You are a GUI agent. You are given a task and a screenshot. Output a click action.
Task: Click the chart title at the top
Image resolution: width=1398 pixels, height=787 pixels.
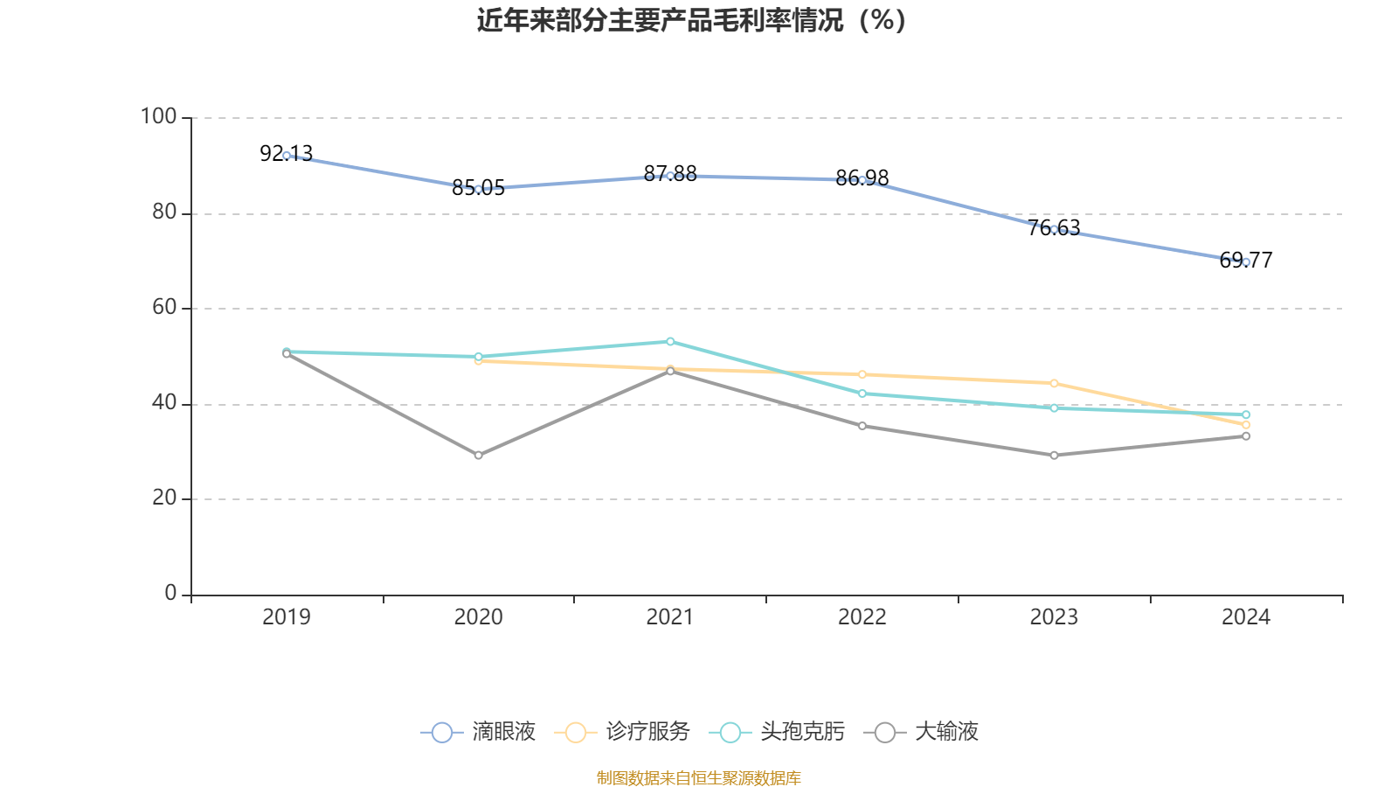pyautogui.click(x=691, y=20)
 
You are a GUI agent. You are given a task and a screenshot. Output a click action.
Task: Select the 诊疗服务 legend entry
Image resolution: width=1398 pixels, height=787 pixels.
pyautogui.click(x=622, y=732)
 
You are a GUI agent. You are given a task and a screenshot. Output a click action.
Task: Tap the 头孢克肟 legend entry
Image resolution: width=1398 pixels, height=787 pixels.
pyautogui.click(x=777, y=732)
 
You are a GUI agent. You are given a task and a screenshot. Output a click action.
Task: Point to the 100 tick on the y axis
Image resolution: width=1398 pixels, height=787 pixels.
pyautogui.click(x=159, y=116)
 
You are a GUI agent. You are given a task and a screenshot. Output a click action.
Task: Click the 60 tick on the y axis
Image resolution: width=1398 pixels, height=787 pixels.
pyautogui.click(x=164, y=308)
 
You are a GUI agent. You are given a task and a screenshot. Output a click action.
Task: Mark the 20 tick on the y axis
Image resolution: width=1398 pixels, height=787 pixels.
pyautogui.click(x=164, y=498)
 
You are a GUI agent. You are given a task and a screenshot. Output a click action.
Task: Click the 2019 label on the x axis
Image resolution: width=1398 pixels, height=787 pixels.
pyautogui.click(x=287, y=617)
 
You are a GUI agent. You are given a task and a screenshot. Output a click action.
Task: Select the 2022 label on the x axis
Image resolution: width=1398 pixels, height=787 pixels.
pyautogui.click(x=862, y=617)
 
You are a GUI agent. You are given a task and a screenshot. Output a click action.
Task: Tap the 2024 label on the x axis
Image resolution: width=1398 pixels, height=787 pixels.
pyautogui.click(x=1246, y=617)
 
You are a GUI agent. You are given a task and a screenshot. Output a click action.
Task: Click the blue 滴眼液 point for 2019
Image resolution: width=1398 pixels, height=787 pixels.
pyautogui.click(x=287, y=156)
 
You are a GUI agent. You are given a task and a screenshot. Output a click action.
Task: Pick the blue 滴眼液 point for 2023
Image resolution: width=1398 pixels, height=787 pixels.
pyautogui.click(x=1054, y=229)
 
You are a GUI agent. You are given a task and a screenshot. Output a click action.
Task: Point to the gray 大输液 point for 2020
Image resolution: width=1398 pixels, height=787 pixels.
pyautogui.click(x=478, y=456)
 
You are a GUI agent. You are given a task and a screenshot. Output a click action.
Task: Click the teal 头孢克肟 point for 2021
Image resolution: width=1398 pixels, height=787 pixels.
pyautogui.click(x=670, y=341)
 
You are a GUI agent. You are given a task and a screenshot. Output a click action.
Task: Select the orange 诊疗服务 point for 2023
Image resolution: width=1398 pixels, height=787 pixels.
pyautogui.click(x=1054, y=383)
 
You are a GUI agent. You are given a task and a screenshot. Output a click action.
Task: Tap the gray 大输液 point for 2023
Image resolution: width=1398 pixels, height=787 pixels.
pyautogui.click(x=1054, y=456)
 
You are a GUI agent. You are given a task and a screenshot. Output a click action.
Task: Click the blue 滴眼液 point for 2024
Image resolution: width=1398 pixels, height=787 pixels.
pyautogui.click(x=1246, y=261)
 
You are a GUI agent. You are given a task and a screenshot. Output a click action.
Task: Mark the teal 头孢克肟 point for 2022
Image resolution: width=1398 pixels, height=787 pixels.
pyautogui.click(x=862, y=393)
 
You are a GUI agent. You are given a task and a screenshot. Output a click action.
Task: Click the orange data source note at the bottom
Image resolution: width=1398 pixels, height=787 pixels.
pyautogui.click(x=698, y=777)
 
